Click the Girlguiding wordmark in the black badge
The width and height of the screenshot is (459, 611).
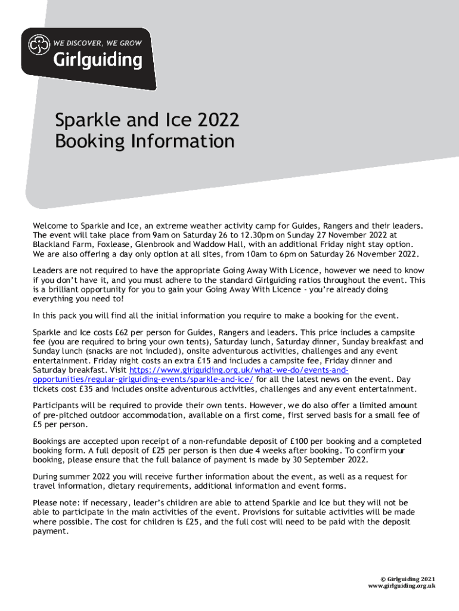point(98,60)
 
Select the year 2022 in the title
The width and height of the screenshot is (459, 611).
point(217,121)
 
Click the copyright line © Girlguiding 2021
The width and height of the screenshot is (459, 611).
point(408,579)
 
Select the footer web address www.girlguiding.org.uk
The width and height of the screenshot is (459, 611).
point(401,586)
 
